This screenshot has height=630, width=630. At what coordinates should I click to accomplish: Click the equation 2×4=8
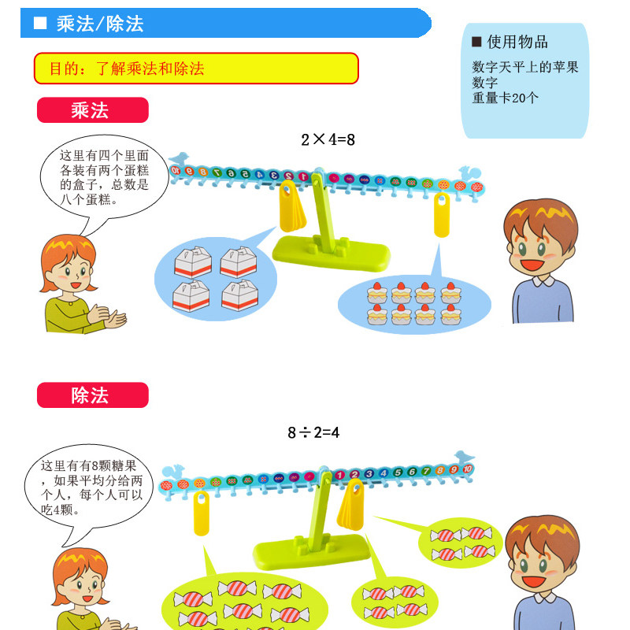point(328,140)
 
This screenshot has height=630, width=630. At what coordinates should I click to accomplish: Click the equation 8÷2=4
point(313,432)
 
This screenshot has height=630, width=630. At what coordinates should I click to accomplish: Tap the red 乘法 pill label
point(93,110)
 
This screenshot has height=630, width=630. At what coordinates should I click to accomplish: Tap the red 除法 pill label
point(93,395)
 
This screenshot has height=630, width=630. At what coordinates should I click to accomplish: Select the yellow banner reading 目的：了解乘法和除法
point(196,69)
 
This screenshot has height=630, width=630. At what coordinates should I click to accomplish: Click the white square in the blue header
point(40,23)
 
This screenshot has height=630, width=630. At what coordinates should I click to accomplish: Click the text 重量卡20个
point(505,98)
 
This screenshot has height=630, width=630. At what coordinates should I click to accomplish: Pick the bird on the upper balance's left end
point(180,158)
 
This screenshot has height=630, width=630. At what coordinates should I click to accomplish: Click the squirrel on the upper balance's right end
point(469,172)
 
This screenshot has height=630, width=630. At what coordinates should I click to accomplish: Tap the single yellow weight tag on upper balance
point(442,215)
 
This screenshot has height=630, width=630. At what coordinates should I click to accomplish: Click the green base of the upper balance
point(331,253)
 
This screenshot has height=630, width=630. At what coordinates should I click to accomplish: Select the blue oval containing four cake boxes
point(215,279)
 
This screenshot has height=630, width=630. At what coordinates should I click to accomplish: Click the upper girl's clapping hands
point(107,316)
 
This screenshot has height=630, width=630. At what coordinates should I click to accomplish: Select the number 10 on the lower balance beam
point(467,469)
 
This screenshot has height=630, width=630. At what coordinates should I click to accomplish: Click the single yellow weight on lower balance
point(202,513)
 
